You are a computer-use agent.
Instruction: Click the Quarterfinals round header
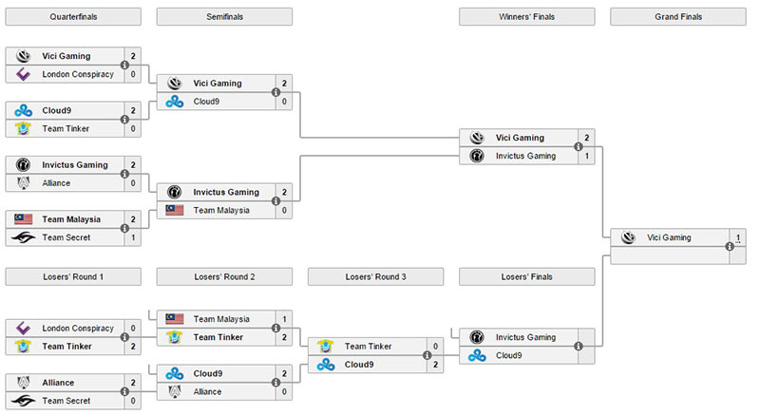coord(73,16)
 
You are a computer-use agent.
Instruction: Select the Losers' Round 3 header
coord(375,276)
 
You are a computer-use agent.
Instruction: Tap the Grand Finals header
coord(678,16)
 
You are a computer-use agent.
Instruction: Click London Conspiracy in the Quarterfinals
coord(78,74)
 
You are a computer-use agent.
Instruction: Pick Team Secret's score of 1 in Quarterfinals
coord(133,237)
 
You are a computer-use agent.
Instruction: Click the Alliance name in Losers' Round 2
coord(207,392)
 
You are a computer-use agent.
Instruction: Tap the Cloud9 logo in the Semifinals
coord(175,102)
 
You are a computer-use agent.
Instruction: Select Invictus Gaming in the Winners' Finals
coord(525,156)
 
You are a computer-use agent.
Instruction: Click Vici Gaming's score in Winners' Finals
coord(586,138)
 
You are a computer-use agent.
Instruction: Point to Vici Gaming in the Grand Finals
coord(669,237)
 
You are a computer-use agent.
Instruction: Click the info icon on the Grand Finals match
coord(730,247)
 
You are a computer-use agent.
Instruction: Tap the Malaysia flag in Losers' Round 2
coord(175,319)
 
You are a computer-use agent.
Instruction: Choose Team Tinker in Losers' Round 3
coord(368,347)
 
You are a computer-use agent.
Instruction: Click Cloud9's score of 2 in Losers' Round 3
coord(435,365)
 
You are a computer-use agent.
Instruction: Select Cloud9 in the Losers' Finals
coord(508,355)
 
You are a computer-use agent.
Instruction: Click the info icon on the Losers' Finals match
coord(579,347)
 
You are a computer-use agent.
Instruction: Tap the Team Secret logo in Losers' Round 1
coord(23,401)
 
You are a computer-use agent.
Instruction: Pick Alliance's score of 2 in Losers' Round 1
coord(133,383)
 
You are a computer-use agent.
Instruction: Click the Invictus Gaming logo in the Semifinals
coord(175,192)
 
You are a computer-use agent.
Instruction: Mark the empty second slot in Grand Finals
coord(670,255)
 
